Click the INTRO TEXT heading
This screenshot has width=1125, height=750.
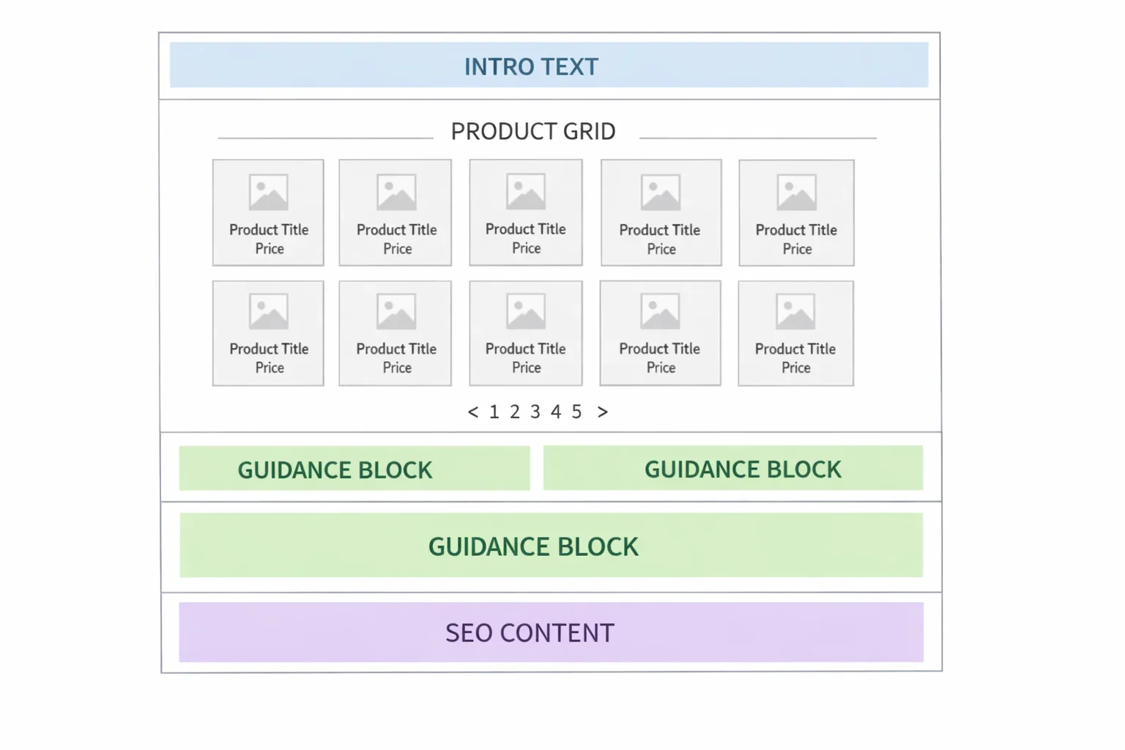[531, 67]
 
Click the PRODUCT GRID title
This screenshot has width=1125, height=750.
[533, 131]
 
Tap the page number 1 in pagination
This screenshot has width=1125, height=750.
[494, 412]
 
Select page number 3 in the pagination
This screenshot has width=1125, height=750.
[535, 412]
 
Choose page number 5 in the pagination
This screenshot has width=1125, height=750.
[576, 412]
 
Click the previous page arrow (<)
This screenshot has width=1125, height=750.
[473, 412]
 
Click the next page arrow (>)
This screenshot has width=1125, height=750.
[603, 412]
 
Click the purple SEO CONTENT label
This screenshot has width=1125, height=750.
[530, 633]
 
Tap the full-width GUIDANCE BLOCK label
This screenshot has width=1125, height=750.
[533, 546]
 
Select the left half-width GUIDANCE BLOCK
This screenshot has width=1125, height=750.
[335, 469]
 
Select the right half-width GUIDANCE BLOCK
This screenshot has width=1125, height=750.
[743, 469]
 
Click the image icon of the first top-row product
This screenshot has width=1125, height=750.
[269, 193]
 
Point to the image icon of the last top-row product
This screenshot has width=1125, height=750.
[797, 193]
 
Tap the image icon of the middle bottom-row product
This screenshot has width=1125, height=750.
[526, 311]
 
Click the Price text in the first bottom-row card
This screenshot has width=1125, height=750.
[270, 368]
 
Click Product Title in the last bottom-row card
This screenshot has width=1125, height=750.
[795, 349]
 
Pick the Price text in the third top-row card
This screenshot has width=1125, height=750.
[526, 248]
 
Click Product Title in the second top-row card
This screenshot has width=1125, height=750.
[396, 229]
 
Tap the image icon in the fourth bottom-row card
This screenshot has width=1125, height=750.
[661, 311]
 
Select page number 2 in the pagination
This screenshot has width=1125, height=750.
[515, 412]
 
